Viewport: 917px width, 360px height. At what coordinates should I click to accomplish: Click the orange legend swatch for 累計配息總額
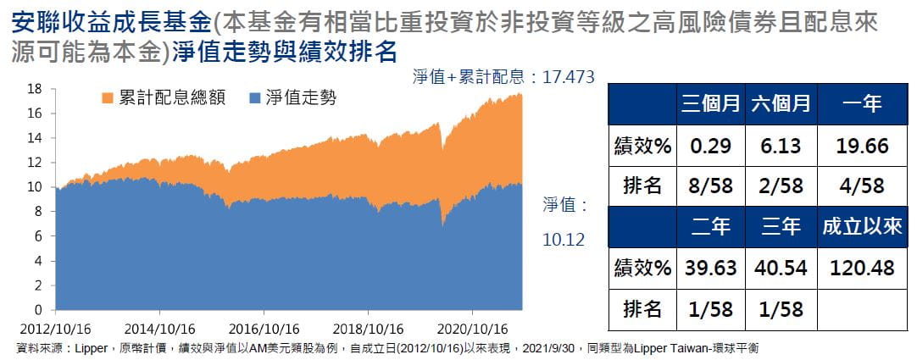pos(108,98)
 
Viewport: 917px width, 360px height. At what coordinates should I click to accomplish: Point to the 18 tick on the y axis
pos(35,88)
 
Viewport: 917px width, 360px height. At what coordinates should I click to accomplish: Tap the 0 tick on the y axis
pos(38,310)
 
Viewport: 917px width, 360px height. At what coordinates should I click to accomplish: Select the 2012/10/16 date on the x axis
pos(53,328)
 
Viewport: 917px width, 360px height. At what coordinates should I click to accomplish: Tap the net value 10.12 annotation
pos(564,240)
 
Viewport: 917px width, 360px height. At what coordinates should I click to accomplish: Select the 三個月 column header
pos(710,104)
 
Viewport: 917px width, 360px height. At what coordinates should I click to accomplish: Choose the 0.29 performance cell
pos(710,146)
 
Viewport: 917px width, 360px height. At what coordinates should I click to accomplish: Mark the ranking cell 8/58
pos(710,186)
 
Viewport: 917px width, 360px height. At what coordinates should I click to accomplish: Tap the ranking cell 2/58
pos(781,186)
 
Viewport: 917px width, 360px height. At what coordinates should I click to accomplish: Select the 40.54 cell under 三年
pos(781,268)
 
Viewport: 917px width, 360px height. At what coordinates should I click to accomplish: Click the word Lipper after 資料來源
pos(91,348)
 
